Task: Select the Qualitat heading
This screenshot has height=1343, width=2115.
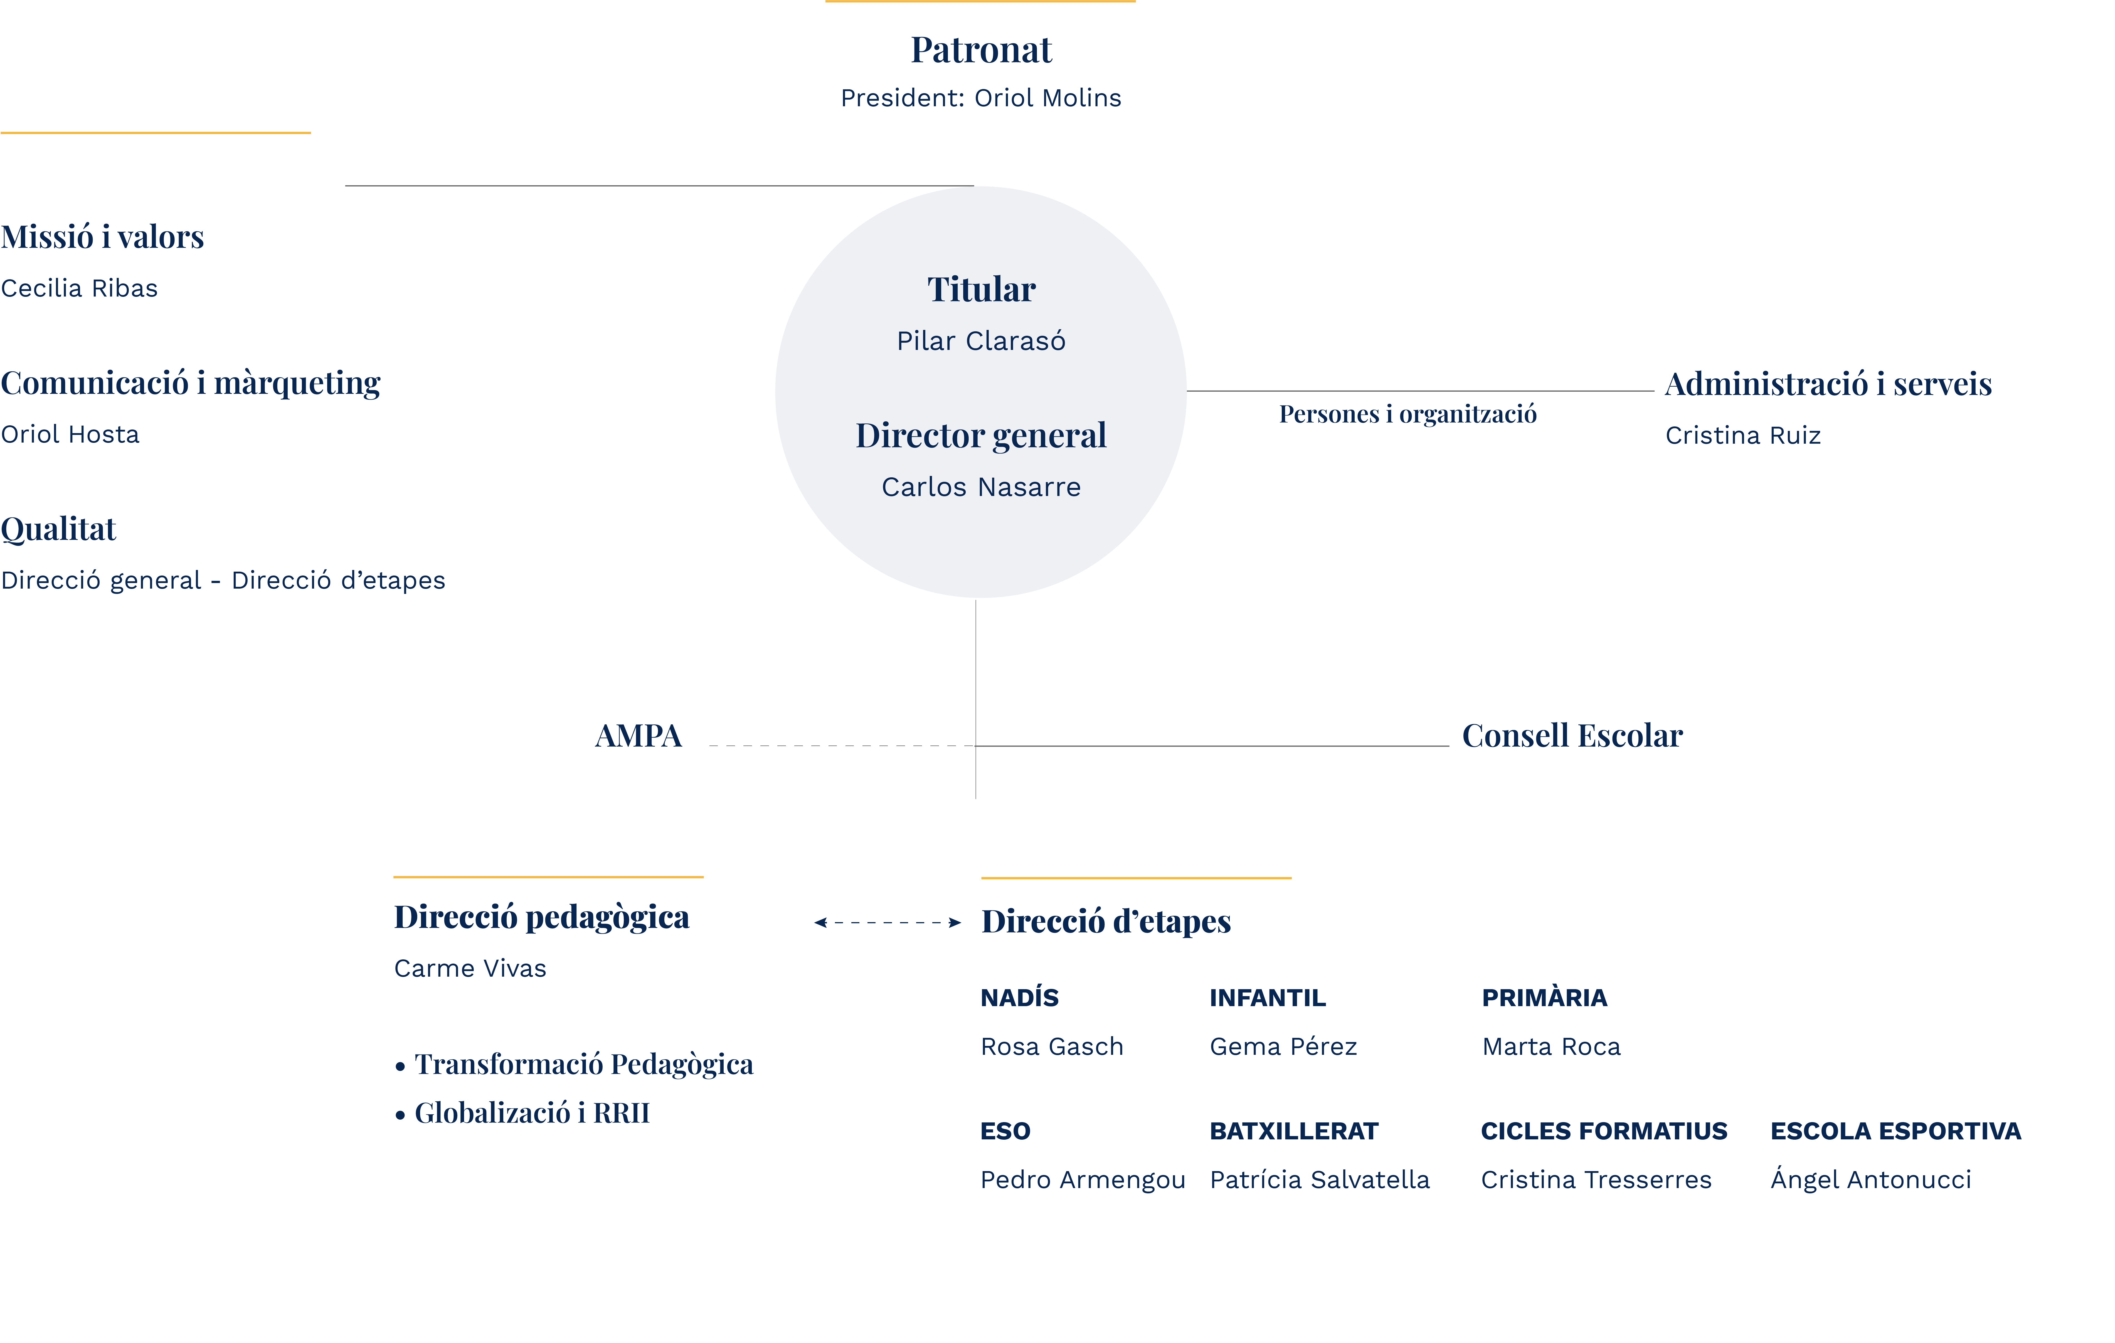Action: pyautogui.click(x=58, y=530)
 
